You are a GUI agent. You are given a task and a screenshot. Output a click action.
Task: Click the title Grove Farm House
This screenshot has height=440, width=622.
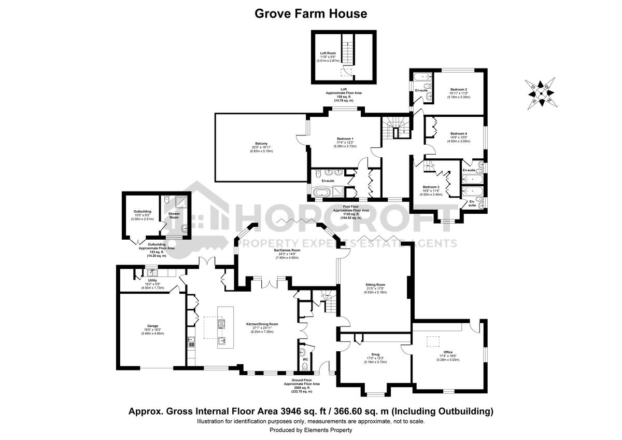tap(310, 13)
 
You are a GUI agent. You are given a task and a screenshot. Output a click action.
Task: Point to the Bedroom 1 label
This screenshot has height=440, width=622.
tap(345, 139)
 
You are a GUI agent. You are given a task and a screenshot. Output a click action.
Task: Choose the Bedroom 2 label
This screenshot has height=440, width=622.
tap(459, 89)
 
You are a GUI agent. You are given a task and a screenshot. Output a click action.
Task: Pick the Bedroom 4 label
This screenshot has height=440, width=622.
tap(459, 133)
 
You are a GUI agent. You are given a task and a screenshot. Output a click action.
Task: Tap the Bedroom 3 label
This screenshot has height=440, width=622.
tap(431, 187)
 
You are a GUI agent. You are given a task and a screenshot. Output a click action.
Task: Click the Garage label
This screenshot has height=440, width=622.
tap(152, 326)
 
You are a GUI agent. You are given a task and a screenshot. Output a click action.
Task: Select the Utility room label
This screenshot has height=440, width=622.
tap(152, 280)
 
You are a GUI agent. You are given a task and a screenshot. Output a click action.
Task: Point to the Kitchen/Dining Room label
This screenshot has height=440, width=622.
tap(262, 324)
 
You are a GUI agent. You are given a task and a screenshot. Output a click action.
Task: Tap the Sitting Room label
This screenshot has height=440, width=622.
tap(376, 285)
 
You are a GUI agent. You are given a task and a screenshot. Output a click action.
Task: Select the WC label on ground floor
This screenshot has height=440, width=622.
tap(305, 358)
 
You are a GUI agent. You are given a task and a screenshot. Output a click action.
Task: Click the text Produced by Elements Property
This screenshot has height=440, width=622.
tap(310, 430)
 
